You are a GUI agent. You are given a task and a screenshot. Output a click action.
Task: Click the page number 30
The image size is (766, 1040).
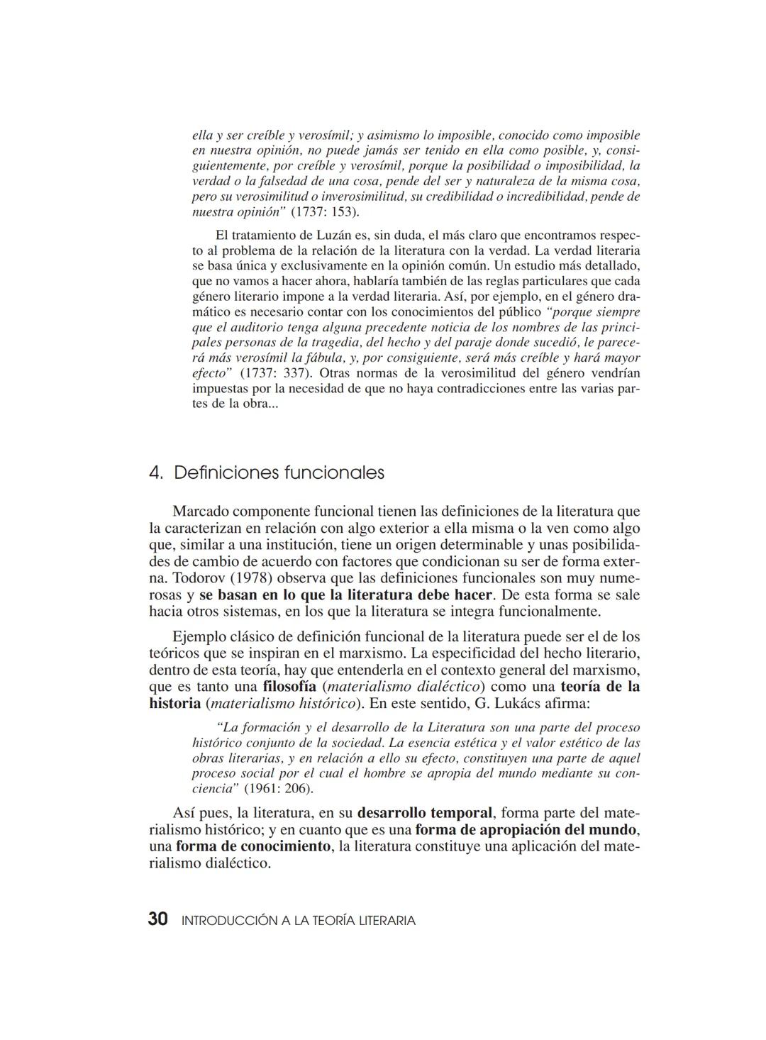tap(157, 919)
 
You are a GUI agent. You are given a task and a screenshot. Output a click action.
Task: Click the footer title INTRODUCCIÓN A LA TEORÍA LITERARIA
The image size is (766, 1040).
tap(299, 921)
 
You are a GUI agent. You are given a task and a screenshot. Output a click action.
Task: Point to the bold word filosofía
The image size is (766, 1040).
tap(289, 687)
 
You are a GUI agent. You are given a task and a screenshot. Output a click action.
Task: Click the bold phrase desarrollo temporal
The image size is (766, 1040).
tap(424, 812)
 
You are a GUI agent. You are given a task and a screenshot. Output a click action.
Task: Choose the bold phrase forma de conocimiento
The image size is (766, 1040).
tap(253, 846)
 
